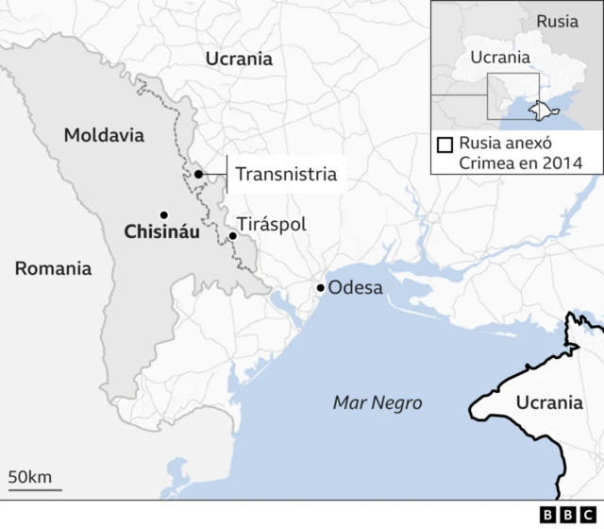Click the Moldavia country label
[104, 135]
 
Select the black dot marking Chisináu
[164, 214]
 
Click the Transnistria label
[286, 174]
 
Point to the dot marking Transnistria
[199, 175]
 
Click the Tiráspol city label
[272, 225]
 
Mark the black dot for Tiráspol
[233, 235]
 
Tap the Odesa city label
[355, 286]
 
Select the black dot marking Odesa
[321, 288]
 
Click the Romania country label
[54, 268]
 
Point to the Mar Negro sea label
[377, 402]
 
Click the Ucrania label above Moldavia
[239, 59]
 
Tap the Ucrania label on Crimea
[549, 402]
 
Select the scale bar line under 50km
[35, 489]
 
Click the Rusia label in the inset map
[557, 22]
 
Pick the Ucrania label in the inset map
[500, 57]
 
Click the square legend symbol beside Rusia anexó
[445, 145]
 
